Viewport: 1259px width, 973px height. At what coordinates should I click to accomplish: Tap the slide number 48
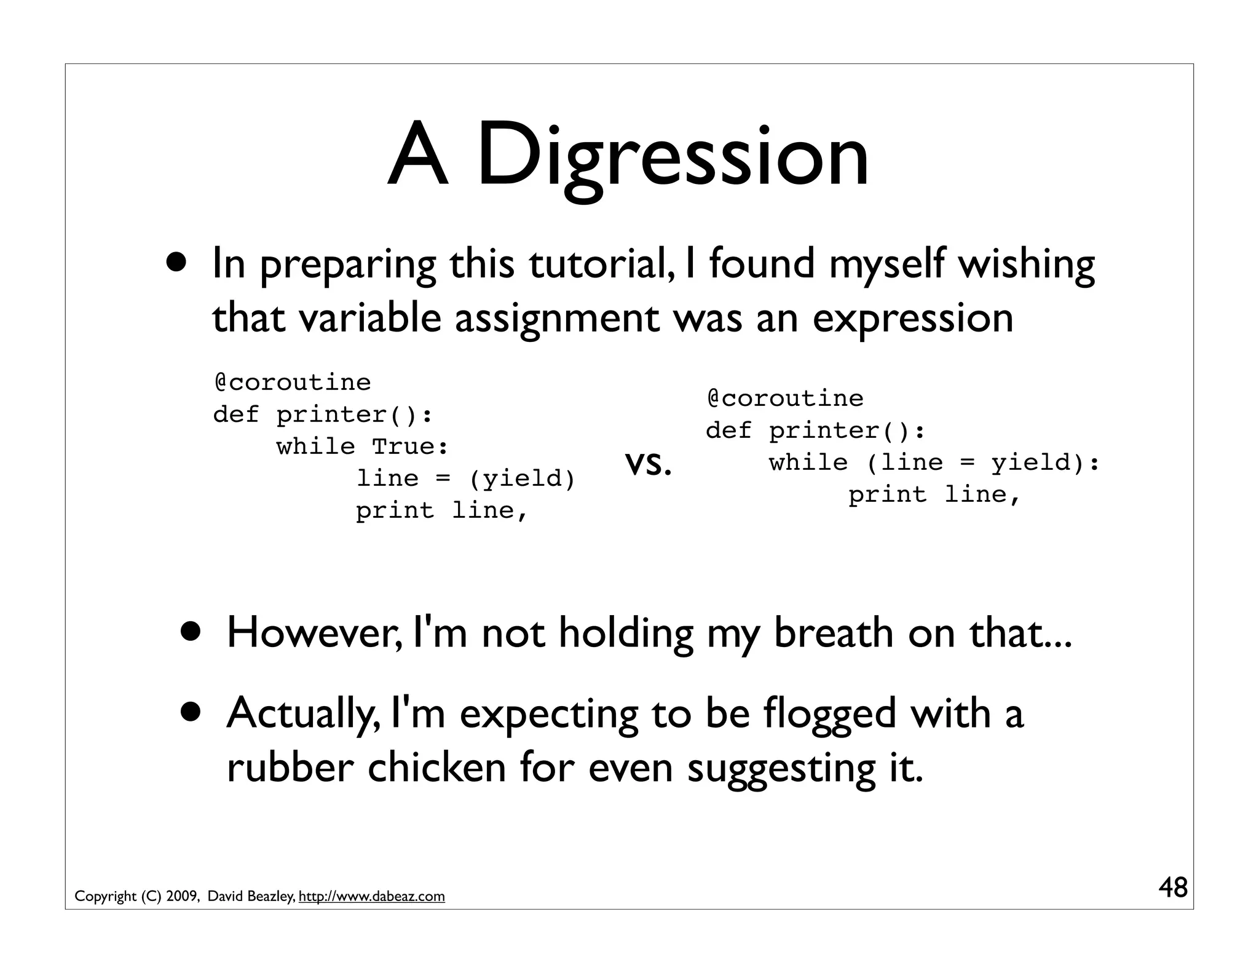pos(1173,888)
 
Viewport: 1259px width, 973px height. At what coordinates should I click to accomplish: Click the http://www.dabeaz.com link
pos(371,897)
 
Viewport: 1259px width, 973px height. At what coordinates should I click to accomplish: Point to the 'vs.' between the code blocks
pos(648,465)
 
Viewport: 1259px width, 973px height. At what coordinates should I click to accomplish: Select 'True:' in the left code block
pos(410,447)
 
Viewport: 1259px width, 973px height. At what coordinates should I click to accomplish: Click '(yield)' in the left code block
pos(523,479)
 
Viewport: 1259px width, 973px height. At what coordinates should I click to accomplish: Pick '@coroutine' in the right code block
pos(785,399)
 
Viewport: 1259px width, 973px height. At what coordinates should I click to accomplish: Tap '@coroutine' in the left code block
pos(293,383)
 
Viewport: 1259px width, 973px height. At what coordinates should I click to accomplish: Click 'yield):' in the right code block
pos(1044,463)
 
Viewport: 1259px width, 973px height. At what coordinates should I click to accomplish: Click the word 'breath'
pos(833,633)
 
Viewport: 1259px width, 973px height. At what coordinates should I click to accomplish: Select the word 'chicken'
pos(436,768)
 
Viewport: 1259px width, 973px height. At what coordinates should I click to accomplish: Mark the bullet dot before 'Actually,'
pos(194,712)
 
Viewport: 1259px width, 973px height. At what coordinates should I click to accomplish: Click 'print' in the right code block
pos(887,494)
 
